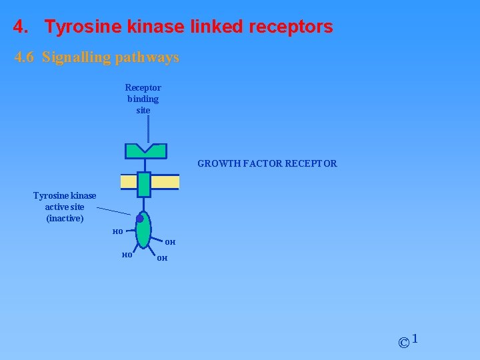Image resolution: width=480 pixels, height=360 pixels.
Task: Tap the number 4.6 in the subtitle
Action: (x=25, y=57)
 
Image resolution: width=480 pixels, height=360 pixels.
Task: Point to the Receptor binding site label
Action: (x=143, y=99)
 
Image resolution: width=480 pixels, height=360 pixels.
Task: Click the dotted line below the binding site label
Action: (x=148, y=127)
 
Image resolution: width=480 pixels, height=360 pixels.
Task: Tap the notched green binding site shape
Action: (x=145, y=152)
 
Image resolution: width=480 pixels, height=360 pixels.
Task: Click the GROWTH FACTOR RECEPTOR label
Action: (x=267, y=163)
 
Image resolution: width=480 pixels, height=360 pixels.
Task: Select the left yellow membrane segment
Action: (x=128, y=182)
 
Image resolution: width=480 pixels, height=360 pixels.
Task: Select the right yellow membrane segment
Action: (x=165, y=182)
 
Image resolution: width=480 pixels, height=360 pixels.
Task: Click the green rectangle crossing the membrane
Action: (x=144, y=184)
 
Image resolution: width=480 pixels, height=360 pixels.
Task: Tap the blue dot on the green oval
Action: (x=140, y=219)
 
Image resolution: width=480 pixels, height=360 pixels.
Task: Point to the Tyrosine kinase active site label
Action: (x=65, y=207)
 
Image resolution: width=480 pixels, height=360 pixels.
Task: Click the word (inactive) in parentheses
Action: (x=65, y=218)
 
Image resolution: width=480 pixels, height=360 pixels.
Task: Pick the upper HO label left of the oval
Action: (x=117, y=231)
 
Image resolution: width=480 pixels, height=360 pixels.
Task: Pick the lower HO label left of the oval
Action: (x=128, y=254)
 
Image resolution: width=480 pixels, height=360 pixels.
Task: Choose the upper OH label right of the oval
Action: (x=170, y=242)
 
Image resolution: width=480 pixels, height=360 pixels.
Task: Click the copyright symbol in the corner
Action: (x=403, y=343)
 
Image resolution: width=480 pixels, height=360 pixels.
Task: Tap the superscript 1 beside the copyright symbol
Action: (x=415, y=339)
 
